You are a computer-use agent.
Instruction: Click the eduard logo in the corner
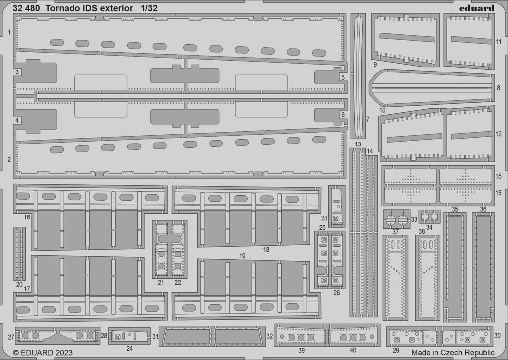coord(477,8)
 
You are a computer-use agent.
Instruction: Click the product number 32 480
coord(26,9)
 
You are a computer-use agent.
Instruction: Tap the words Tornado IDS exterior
coord(89,9)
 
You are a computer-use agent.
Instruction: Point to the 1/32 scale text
coord(149,9)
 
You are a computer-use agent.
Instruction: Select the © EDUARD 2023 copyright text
coord(43,352)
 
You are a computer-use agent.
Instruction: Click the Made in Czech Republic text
coord(453,352)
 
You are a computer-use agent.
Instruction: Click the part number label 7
coord(368,119)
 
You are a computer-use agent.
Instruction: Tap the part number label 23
coord(324,218)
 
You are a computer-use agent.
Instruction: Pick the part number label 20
coord(19,284)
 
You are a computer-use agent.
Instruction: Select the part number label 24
coord(130,349)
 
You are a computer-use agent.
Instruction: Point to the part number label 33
coord(414,219)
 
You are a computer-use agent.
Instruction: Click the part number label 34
coord(429,227)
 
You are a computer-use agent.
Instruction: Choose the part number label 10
coord(382,110)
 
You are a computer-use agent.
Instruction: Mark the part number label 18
coord(266,249)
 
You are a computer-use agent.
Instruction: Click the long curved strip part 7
coord(358,76)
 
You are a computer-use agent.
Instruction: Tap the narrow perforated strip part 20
coord(19,253)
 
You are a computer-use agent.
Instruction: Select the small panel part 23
coord(337,206)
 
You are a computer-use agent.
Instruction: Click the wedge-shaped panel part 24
coord(129,336)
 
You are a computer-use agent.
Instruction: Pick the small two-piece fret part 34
coord(430,216)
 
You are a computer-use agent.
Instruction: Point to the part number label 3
coord(17,72)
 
